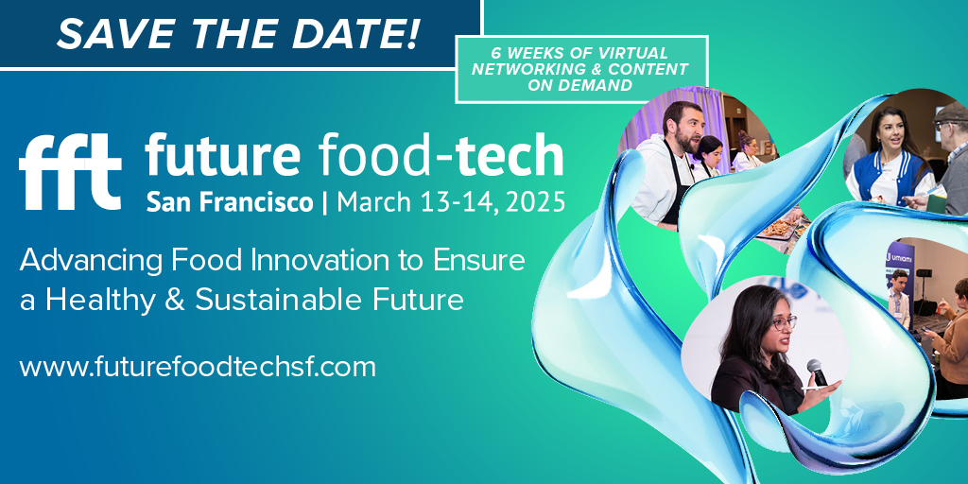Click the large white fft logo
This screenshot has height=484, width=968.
70,172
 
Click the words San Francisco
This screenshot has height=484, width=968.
230,201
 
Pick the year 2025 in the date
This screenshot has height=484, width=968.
536,201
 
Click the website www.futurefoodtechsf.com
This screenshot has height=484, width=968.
198,367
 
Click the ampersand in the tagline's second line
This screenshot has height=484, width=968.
175,300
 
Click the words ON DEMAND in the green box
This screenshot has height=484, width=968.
579,86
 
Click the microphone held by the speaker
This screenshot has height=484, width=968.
818,372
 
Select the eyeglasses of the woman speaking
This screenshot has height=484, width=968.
783,321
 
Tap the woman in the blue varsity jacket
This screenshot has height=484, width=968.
889,161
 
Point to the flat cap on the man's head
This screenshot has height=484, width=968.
952,112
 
